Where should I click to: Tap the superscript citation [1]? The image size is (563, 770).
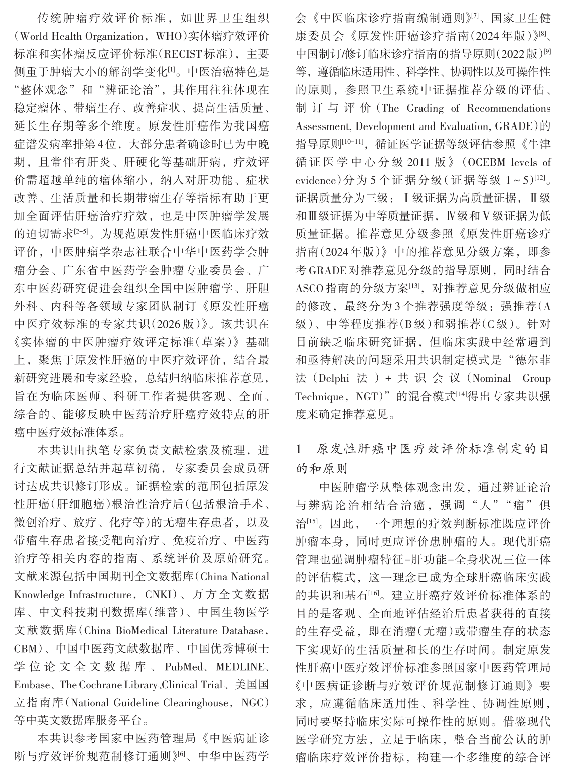click(x=171, y=70)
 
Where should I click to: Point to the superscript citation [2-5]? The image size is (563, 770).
click(x=81, y=231)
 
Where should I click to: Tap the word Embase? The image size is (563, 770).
click(x=32, y=685)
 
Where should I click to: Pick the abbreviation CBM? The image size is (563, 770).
click(x=25, y=649)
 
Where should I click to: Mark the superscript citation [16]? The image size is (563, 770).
click(x=373, y=593)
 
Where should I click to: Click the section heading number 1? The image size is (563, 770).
click(x=299, y=450)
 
